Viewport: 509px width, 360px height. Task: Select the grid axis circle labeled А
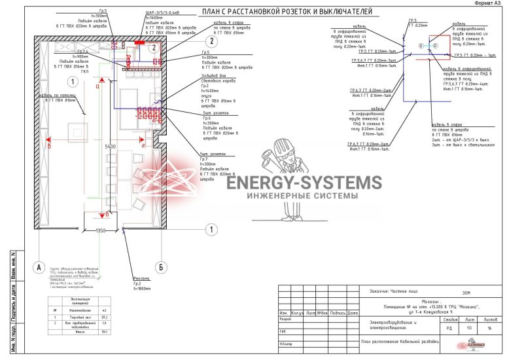point(39,267)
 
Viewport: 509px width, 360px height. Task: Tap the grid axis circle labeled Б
point(159,267)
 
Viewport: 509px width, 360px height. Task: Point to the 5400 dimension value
point(110,147)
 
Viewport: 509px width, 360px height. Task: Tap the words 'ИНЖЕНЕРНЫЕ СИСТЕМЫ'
point(304,196)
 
